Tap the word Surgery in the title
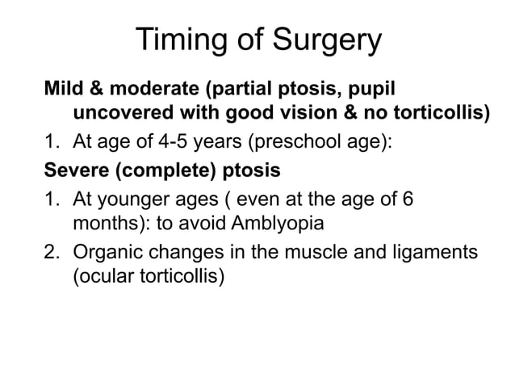[x=326, y=40]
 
